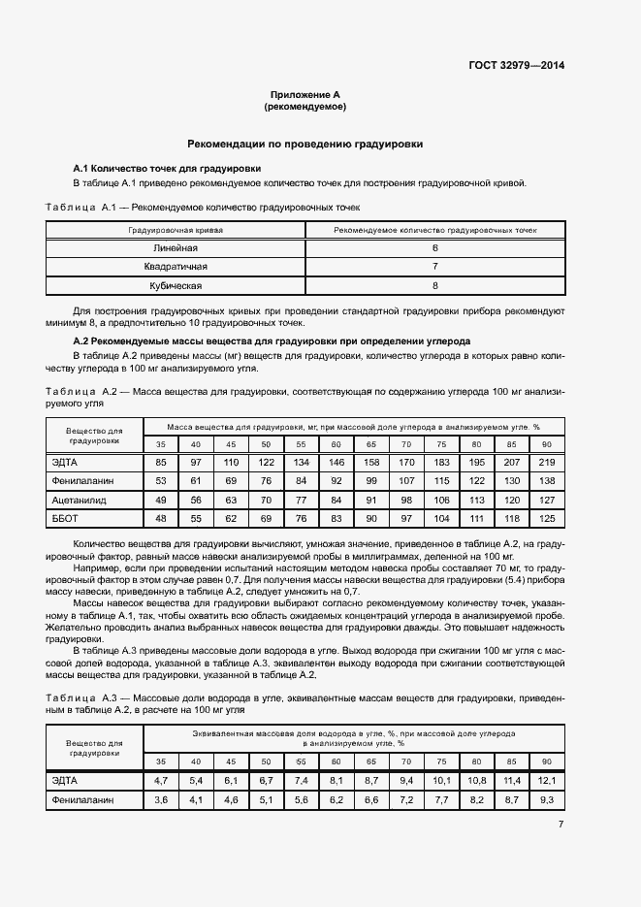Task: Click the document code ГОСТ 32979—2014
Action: [x=516, y=65]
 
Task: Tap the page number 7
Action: [x=561, y=825]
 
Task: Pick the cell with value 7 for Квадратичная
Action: [x=435, y=267]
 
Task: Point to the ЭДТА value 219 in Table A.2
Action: [x=546, y=462]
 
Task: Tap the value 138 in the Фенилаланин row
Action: [x=546, y=480]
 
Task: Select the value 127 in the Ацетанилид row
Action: [x=546, y=500]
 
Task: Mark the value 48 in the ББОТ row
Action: [x=161, y=518]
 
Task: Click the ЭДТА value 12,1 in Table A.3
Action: [x=546, y=780]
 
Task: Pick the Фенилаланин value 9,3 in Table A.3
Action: [x=546, y=799]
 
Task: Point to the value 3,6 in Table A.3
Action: [x=161, y=799]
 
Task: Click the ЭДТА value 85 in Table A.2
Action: [x=161, y=462]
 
